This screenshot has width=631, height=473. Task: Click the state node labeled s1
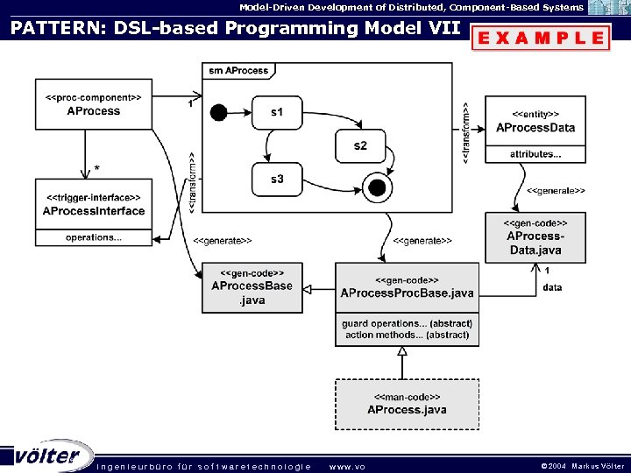pyautogui.click(x=277, y=111)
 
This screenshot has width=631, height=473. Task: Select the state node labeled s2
pyautogui.click(x=360, y=145)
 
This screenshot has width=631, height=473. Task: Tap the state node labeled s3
pyautogui.click(x=277, y=179)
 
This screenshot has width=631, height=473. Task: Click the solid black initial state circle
pyautogui.click(x=219, y=112)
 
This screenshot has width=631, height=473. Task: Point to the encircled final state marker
pyautogui.click(x=377, y=187)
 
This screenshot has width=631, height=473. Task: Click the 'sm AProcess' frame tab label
pyautogui.click(x=238, y=70)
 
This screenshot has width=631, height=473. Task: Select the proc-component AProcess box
pyautogui.click(x=94, y=105)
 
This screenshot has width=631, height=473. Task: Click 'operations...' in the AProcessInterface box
pyautogui.click(x=94, y=237)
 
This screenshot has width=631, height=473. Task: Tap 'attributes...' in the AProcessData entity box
pyautogui.click(x=535, y=154)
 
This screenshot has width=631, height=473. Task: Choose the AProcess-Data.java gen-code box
pyautogui.click(x=535, y=236)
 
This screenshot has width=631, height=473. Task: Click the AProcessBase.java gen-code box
pyautogui.click(x=252, y=287)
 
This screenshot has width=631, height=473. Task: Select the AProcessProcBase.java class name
pyautogui.click(x=407, y=293)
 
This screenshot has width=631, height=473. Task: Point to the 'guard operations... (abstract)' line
pyautogui.click(x=407, y=323)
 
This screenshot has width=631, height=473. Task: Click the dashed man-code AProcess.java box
pyautogui.click(x=407, y=404)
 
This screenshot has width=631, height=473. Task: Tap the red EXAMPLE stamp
pyautogui.click(x=540, y=38)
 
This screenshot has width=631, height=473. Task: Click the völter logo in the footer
pyautogui.click(x=48, y=455)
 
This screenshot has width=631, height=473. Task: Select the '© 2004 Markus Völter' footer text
pyautogui.click(x=583, y=466)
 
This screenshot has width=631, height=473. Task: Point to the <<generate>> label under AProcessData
pyautogui.click(x=556, y=190)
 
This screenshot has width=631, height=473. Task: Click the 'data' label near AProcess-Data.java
pyautogui.click(x=552, y=287)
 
